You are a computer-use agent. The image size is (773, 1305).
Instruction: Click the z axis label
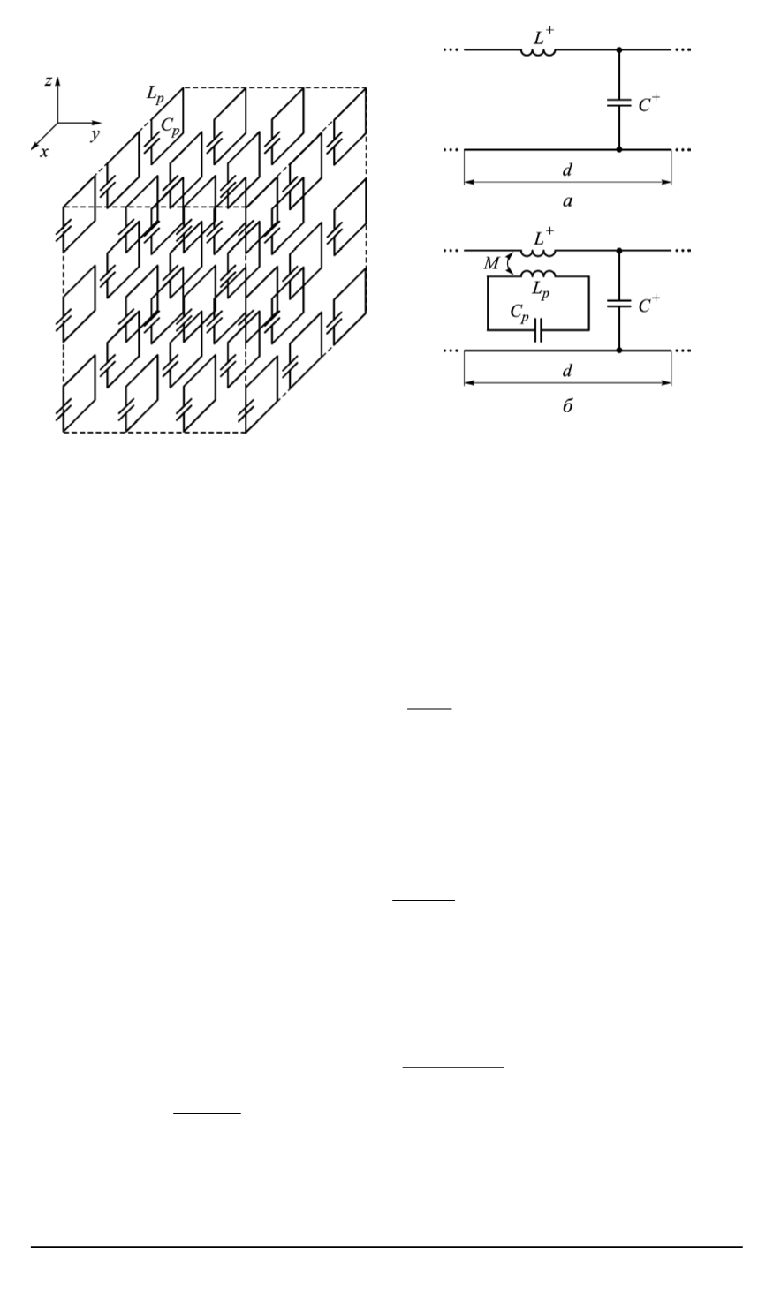[x=49, y=81]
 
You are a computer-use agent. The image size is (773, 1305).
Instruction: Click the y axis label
[x=95, y=134]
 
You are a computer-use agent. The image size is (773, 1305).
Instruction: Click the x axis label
[x=44, y=153]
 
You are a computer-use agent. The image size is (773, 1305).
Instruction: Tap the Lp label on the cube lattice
[x=155, y=94]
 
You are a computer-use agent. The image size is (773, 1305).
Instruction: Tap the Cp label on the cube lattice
[x=170, y=126]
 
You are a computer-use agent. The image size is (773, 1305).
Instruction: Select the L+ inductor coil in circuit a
[x=538, y=52]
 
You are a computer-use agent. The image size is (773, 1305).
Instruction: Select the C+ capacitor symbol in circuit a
[x=619, y=103]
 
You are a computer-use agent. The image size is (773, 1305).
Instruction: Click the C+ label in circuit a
[x=648, y=103]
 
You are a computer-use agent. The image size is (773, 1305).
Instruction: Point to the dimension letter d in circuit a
[x=567, y=170]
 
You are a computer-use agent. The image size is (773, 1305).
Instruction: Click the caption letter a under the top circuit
[x=568, y=201]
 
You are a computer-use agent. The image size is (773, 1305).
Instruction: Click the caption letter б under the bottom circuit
[x=568, y=405]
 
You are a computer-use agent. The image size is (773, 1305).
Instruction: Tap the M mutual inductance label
[x=491, y=264]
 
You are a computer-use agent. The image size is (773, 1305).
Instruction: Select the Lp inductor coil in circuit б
[x=538, y=274]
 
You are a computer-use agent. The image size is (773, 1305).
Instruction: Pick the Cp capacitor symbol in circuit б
[x=538, y=330]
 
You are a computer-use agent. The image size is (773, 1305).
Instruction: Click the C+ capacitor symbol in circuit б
[x=619, y=304]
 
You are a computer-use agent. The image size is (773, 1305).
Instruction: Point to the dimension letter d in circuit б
[x=567, y=371]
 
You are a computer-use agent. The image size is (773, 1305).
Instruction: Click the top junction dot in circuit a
[x=619, y=50]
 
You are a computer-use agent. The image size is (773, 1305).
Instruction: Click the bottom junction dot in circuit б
[x=619, y=351]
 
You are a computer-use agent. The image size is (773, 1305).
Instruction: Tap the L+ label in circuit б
[x=544, y=237]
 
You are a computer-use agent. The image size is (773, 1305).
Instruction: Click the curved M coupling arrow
[x=509, y=263]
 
